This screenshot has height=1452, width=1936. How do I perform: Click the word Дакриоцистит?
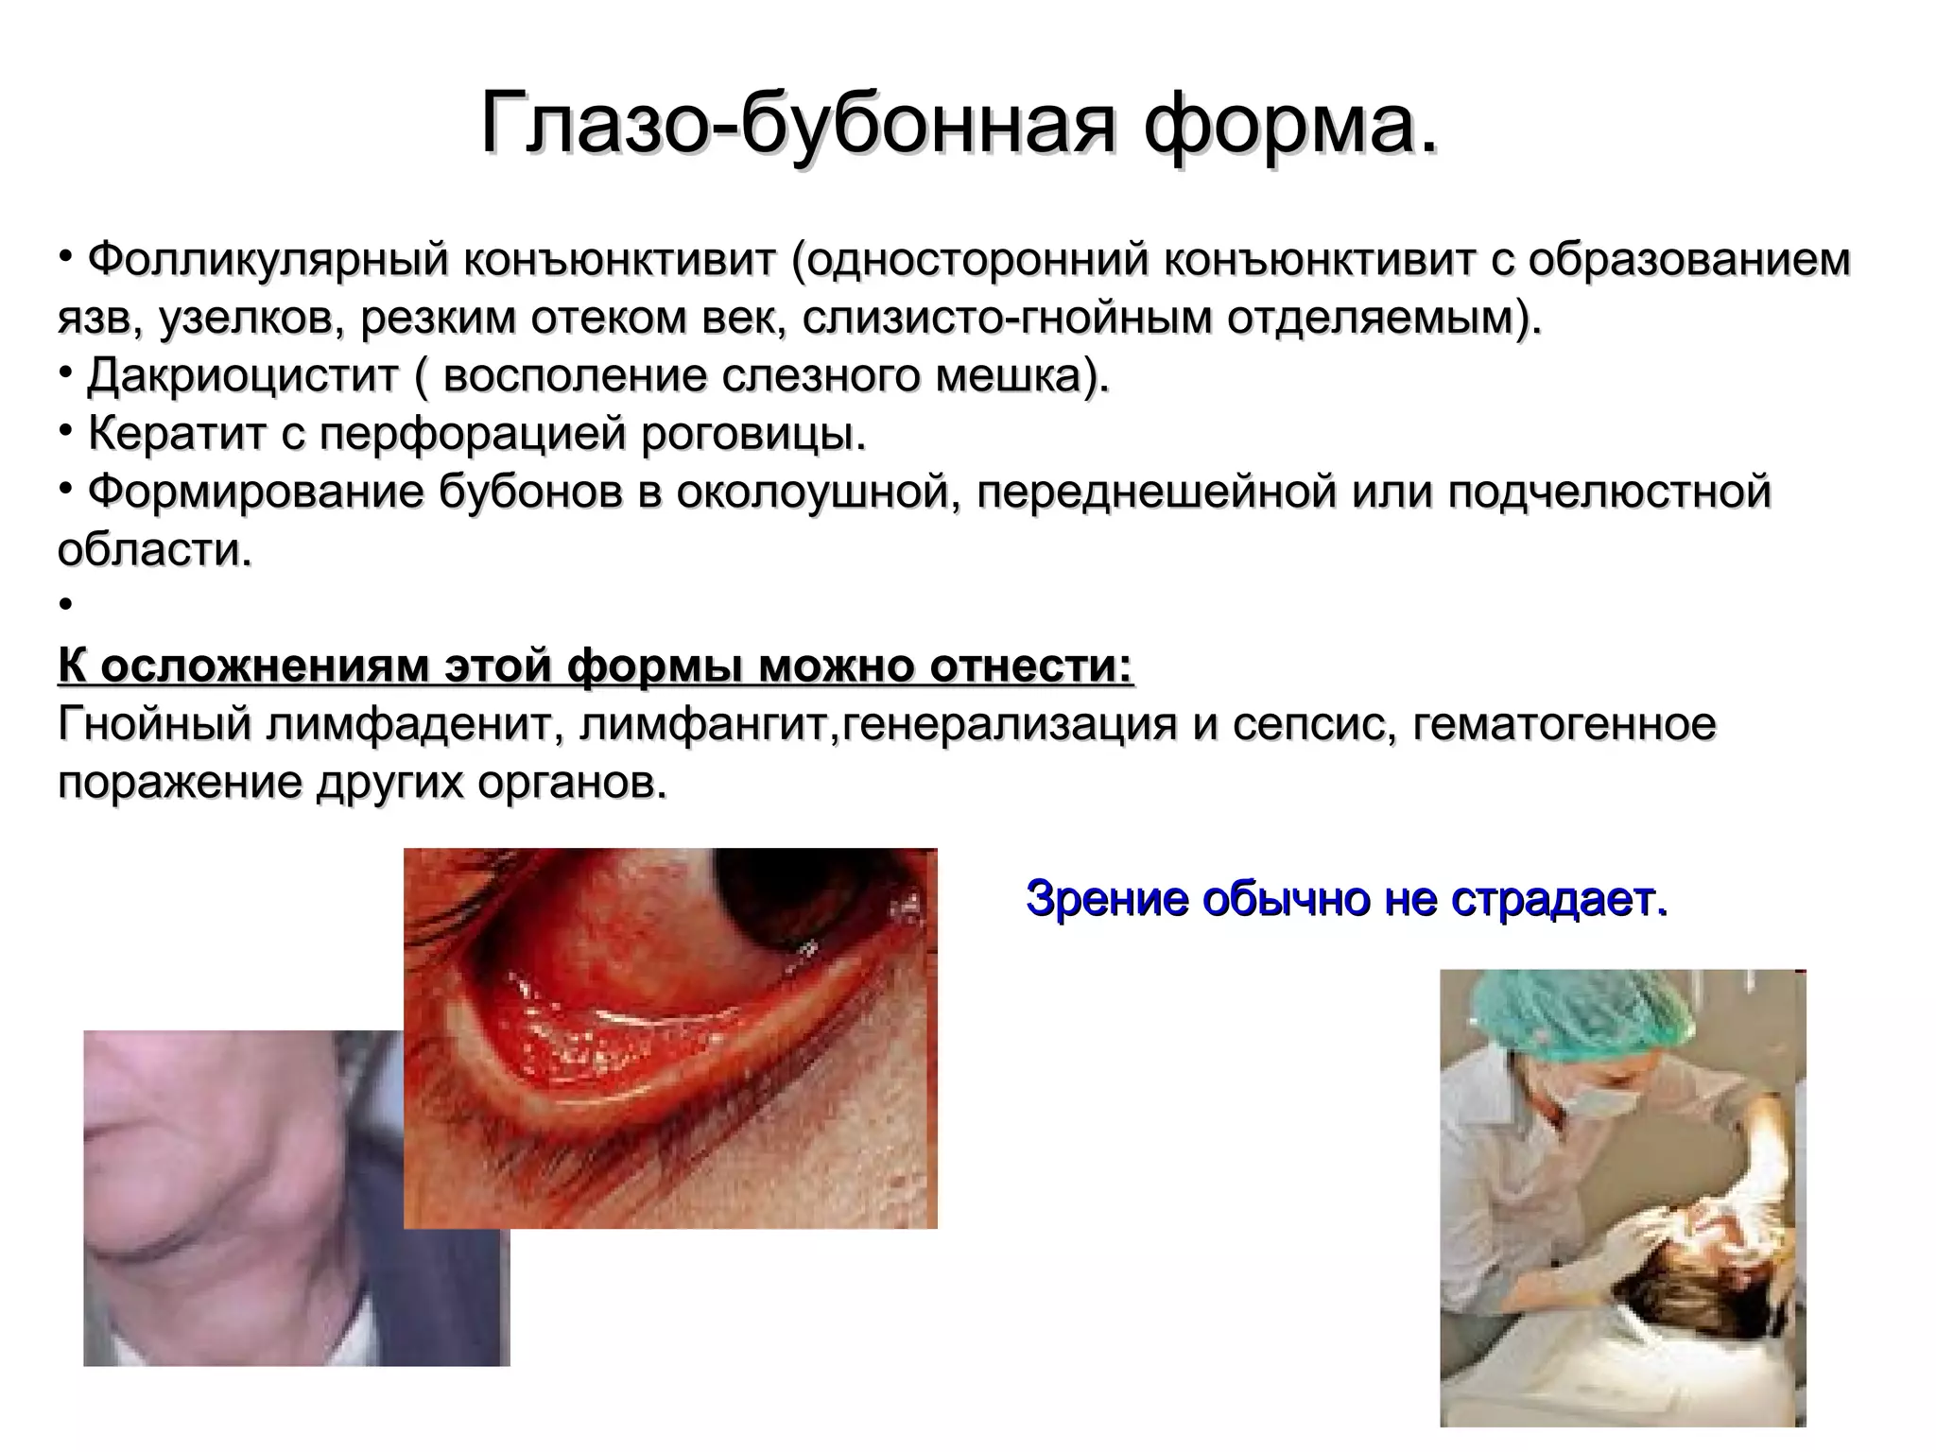(242, 375)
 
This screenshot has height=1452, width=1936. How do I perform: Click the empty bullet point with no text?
(65, 606)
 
